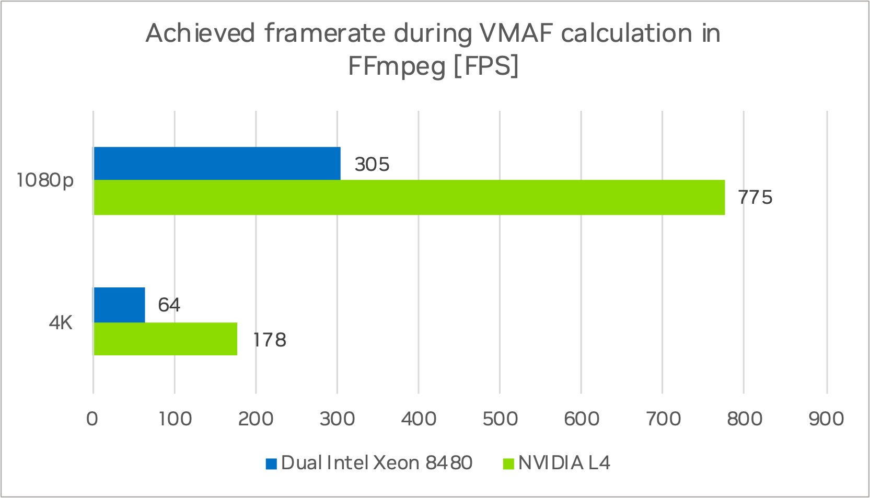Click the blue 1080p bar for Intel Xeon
[217, 164]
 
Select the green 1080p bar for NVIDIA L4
[409, 198]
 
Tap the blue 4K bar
[119, 305]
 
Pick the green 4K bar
[165, 339]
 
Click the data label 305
[372, 165]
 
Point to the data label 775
[755, 198]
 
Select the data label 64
[169, 305]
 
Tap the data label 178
[270, 340]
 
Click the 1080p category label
[45, 181]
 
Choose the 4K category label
[61, 323]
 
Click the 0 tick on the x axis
[92, 419]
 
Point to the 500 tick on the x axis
[500, 419]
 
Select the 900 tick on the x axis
[826, 419]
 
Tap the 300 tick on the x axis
[337, 419]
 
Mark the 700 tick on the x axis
[663, 419]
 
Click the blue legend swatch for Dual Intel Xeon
[271, 464]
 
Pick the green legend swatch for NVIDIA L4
[508, 464]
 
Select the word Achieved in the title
[200, 34]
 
